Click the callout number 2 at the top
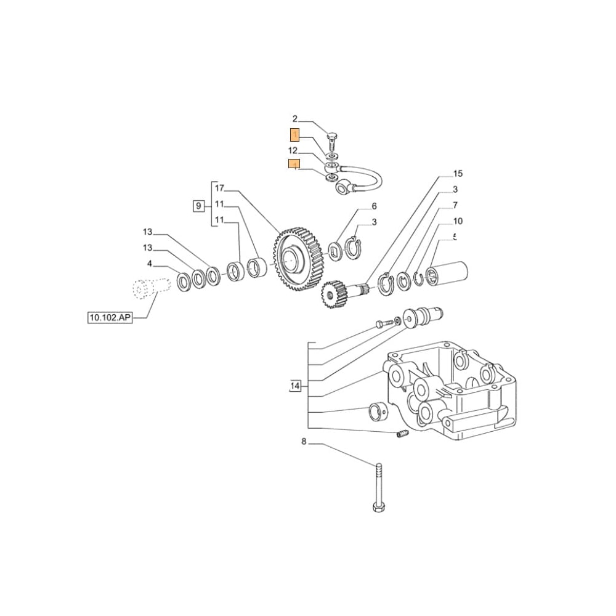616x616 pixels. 294,119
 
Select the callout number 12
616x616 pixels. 294,150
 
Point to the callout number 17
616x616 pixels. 219,188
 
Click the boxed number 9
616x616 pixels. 198,206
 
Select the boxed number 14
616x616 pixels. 295,386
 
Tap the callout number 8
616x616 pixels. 303,441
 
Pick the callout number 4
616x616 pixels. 149,264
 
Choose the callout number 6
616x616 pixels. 373,206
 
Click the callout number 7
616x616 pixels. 455,205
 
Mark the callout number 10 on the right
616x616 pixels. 458,221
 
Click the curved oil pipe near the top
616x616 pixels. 363,176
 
